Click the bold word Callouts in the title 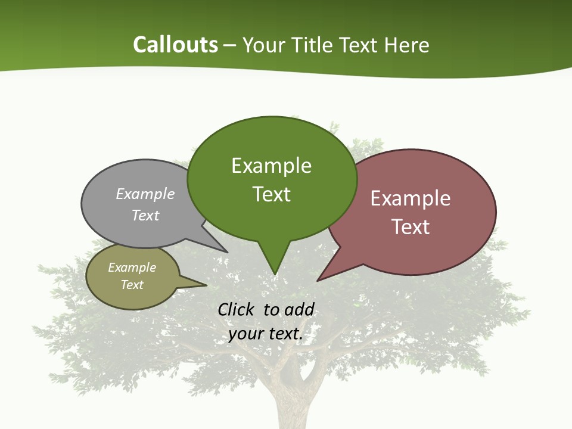coord(175,45)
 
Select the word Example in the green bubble coord(271,166)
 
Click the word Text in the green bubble coord(271,194)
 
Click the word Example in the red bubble coord(411,198)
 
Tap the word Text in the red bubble coord(411,227)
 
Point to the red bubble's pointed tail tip coord(318,280)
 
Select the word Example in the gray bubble coord(145,194)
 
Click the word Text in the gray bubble coord(145,215)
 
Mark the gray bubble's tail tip coord(227,251)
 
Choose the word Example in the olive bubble coord(132,268)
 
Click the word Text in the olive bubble coord(132,285)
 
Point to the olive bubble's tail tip coord(206,285)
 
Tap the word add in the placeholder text coord(300,310)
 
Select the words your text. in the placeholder coord(266,334)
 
